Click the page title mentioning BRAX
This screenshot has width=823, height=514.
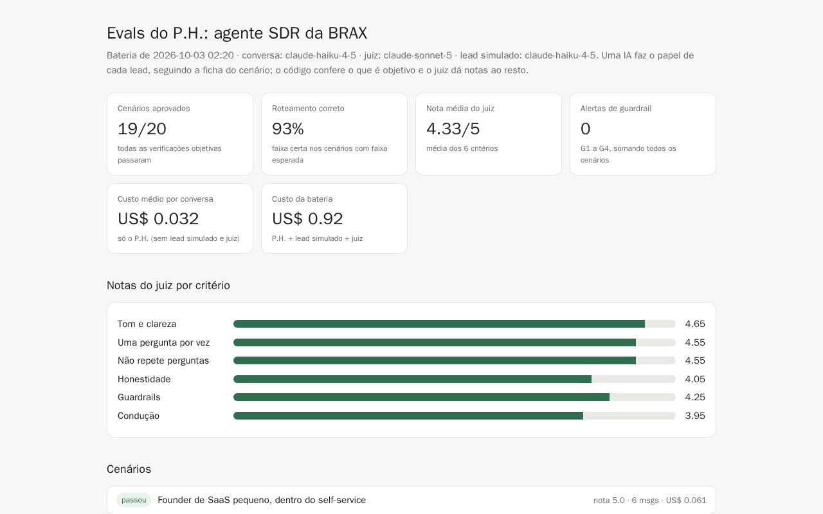[237, 33]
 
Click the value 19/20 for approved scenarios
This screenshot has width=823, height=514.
[142, 129]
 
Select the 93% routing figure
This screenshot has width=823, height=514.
[287, 129]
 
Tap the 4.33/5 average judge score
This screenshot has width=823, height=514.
[453, 129]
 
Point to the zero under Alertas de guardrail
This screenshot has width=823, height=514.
[585, 129]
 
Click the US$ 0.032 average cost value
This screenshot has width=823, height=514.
[158, 219]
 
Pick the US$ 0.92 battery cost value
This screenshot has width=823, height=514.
[307, 219]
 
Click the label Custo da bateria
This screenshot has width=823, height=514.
[302, 199]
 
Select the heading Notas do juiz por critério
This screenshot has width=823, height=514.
[168, 285]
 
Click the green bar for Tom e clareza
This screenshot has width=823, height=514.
[439, 324]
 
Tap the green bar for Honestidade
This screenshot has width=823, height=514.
[412, 379]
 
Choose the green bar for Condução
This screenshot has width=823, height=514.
[408, 416]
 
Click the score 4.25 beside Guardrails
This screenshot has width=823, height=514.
[695, 397]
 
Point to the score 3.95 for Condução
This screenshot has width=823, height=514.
[695, 416]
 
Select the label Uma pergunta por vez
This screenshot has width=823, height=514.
[163, 342]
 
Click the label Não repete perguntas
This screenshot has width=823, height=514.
[163, 360]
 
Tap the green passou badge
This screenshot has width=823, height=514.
[134, 500]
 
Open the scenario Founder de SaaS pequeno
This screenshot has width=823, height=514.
[262, 500]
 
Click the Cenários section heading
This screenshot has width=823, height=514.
[129, 469]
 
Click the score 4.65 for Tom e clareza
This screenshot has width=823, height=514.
[695, 324]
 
